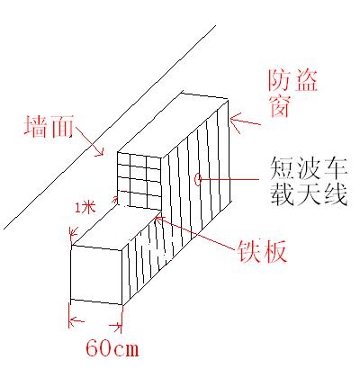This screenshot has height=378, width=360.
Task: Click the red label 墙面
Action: point(49,126)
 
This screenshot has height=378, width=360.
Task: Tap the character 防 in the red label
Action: point(279,80)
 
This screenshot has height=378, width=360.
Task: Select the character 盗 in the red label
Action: point(306,80)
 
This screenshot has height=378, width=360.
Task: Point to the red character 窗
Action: point(280,106)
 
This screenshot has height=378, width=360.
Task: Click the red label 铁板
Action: point(262,251)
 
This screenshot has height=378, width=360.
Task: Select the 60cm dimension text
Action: point(112,348)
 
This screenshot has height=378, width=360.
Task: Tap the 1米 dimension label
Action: point(85,208)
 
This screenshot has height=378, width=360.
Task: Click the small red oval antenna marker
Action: point(197,179)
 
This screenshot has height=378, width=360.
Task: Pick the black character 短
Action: point(282,168)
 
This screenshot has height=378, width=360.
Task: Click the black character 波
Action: point(309,168)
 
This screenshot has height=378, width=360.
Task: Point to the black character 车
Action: point(336,168)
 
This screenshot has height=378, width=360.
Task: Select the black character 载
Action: point(282,193)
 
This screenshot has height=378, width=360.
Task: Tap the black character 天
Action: point(309,193)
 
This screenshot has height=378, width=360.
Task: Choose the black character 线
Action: point(336,193)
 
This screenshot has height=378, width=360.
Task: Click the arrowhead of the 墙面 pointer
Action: point(100,152)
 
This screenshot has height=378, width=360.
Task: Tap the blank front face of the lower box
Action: point(96,274)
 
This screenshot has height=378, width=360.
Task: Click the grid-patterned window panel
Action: point(139,180)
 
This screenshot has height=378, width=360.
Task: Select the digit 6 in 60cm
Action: point(93,348)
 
